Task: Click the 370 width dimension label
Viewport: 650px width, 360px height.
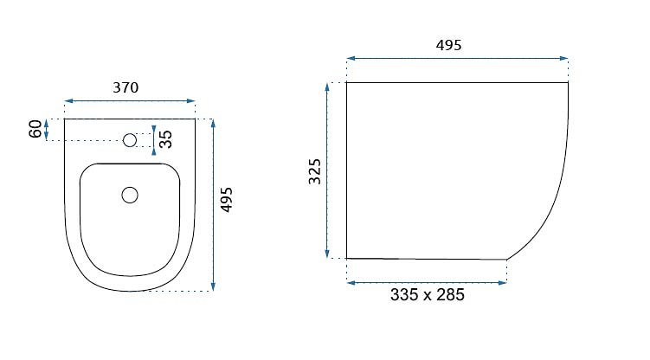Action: point(125,87)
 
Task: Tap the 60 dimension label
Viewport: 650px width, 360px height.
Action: point(35,129)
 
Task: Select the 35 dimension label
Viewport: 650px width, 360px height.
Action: point(165,139)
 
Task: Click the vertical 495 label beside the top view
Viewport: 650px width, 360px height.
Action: point(227,200)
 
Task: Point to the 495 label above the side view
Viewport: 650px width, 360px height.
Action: point(448,45)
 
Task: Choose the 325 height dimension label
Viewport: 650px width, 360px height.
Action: point(315,171)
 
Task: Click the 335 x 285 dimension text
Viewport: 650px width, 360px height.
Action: point(428,295)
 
